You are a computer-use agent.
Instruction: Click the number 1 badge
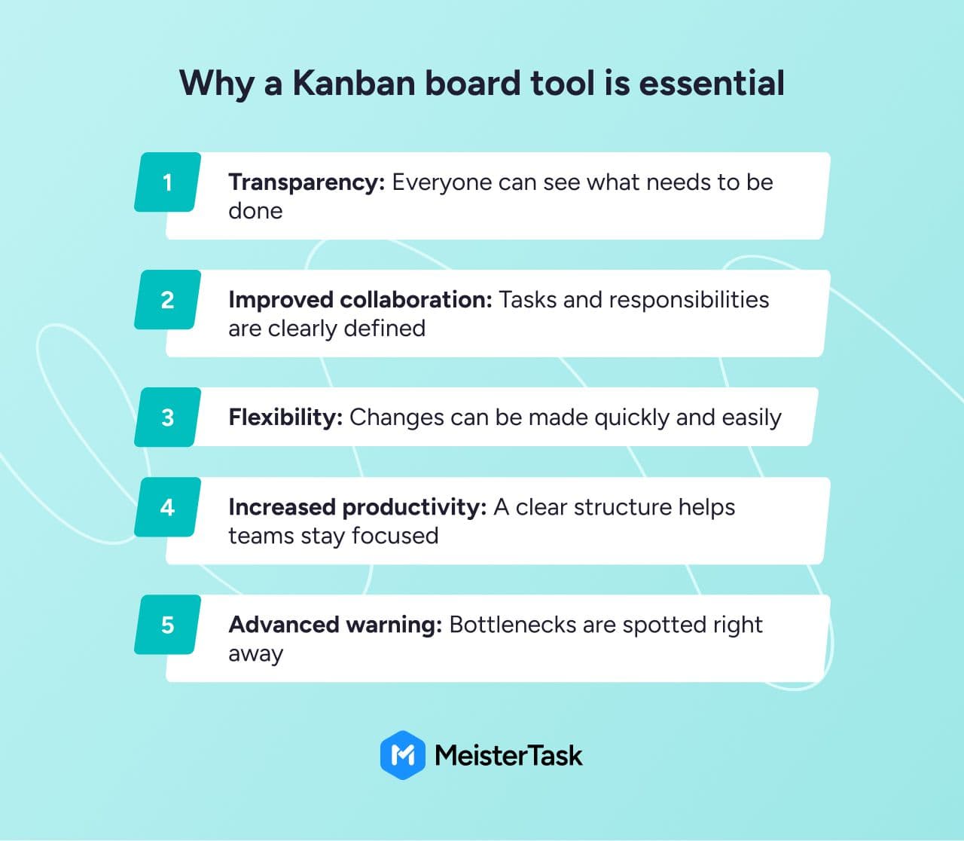(168, 182)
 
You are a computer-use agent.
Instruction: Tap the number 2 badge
(168, 300)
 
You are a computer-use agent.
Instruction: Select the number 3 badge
(168, 417)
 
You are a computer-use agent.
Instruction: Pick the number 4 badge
(168, 507)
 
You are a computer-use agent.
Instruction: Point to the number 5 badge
(168, 625)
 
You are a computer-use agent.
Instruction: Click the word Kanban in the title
(354, 84)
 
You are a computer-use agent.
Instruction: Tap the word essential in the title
(712, 84)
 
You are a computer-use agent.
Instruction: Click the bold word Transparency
(307, 183)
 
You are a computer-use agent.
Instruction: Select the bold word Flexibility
(285, 418)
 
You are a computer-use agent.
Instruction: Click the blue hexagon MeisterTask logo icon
(403, 755)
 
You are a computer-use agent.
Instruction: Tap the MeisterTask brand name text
(509, 756)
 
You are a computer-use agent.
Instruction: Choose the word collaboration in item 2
(416, 300)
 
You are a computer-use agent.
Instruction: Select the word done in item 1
(255, 211)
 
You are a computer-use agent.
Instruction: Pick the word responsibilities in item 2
(689, 301)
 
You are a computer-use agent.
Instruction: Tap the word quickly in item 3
(632, 418)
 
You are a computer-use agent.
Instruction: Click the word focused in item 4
(395, 536)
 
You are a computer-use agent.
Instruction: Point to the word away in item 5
(256, 655)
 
